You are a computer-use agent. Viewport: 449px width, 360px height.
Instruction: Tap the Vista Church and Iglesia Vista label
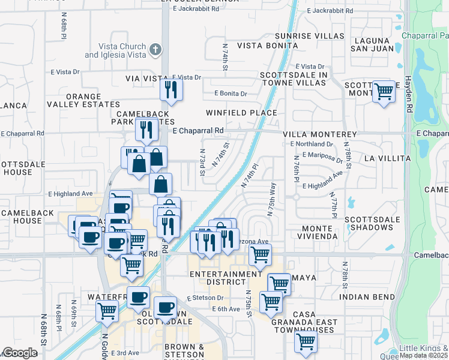(x=115, y=51)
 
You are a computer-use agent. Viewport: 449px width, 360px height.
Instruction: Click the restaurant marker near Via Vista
(x=172, y=90)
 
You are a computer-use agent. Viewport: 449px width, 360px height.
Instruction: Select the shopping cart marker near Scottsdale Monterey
(x=384, y=92)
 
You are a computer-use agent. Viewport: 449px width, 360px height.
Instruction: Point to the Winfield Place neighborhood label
(x=241, y=113)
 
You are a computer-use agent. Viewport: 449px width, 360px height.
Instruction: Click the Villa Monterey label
(x=321, y=135)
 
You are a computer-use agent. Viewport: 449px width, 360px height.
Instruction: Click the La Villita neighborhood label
(x=387, y=158)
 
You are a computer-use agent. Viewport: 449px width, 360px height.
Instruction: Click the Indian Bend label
(x=366, y=297)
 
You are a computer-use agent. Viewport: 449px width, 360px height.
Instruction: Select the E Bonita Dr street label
(x=231, y=94)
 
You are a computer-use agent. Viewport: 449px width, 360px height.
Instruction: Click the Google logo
(x=20, y=353)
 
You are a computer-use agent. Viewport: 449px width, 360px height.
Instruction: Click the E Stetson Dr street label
(x=205, y=298)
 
